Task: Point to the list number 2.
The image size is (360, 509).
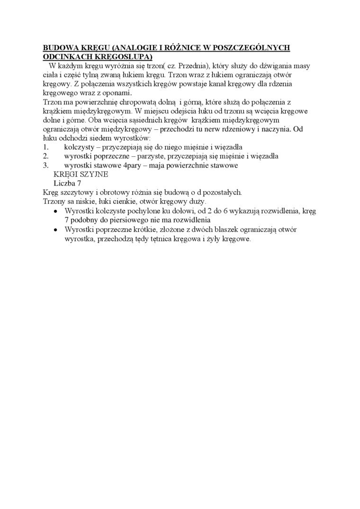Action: [x=45, y=156]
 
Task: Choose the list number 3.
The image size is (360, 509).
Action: [x=45, y=165]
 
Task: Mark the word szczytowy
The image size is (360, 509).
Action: [x=76, y=192]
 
